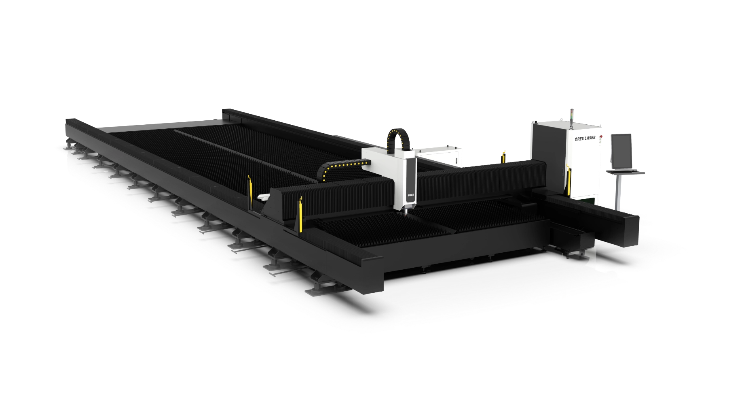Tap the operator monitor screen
pos(621,150)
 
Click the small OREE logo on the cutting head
pos(410,195)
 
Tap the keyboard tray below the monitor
pos(625,172)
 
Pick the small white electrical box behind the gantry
pos(440,156)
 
